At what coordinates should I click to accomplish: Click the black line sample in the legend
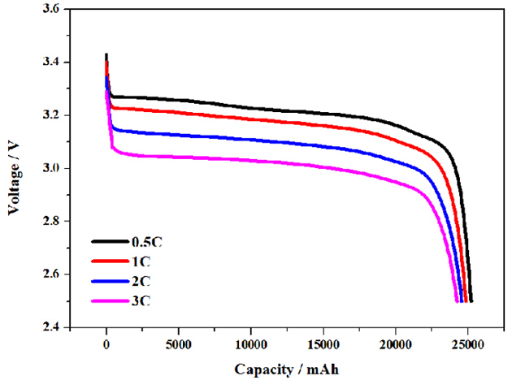pyautogui.click(x=109, y=241)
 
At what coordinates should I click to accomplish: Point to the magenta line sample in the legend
pyautogui.click(x=109, y=301)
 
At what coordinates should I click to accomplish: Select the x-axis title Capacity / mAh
pyautogui.click(x=286, y=368)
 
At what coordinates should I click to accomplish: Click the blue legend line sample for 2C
pyautogui.click(x=109, y=281)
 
